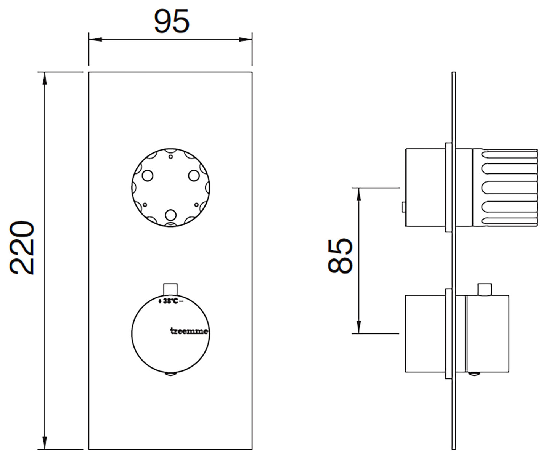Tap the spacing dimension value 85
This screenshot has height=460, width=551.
tap(340, 256)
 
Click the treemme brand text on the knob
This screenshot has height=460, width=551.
tap(189, 331)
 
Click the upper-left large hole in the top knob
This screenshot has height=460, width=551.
tap(148, 176)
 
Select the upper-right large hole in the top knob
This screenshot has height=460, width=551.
tap(194, 176)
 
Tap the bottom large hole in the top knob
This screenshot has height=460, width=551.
tap(171, 215)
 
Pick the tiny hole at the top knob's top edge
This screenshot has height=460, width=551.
tap(171, 157)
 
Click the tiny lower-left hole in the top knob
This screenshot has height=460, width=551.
tap(145, 205)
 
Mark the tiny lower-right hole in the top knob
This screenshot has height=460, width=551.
tap(196, 205)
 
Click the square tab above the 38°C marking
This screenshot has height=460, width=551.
tap(170, 289)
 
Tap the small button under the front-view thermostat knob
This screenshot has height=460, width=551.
tap(171, 373)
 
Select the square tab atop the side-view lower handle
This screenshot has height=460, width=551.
tap(485, 289)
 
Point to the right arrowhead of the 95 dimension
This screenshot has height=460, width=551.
tap(246, 40)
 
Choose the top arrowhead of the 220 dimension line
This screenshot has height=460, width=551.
tap(45, 79)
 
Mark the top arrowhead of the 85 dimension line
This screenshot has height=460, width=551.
tap(358, 194)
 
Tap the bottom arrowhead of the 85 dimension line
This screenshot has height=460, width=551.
tap(358, 327)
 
